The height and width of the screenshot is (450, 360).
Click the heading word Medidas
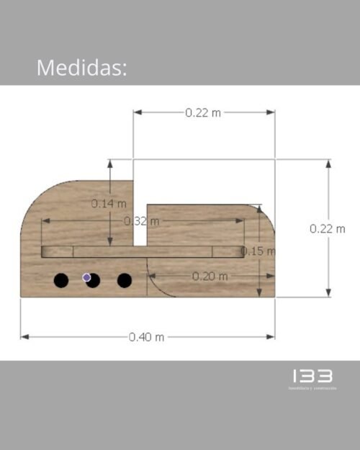pos(81,68)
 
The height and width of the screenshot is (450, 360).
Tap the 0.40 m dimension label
pos(147,337)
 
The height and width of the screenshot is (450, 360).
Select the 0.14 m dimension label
pos(108,204)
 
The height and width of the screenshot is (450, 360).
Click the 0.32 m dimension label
pos(140,221)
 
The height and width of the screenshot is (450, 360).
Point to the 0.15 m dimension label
pos(258,251)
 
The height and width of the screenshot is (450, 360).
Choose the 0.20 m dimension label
pos(210,276)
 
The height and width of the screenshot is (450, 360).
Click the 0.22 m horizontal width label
pos(203,112)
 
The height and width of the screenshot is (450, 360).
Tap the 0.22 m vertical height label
pos(328,228)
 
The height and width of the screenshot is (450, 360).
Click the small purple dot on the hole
pos(87,276)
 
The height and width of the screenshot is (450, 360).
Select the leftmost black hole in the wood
pos(61,280)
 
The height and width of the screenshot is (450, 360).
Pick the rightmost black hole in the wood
pos(125,280)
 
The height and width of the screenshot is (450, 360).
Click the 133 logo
pos(312,376)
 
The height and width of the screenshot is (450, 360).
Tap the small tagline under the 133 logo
pos(312,389)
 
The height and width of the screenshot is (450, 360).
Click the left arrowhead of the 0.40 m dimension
pos(24,336)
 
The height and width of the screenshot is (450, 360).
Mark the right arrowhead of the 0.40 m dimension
pos(271,336)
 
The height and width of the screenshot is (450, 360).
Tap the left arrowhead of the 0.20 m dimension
pos(152,275)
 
